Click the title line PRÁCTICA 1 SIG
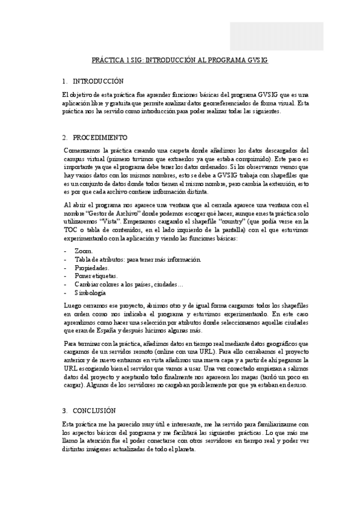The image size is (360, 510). click(x=179, y=61)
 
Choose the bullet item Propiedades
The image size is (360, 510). click(x=92, y=267)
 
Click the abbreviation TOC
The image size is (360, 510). click(x=70, y=230)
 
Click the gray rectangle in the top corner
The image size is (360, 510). click(x=276, y=37)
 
